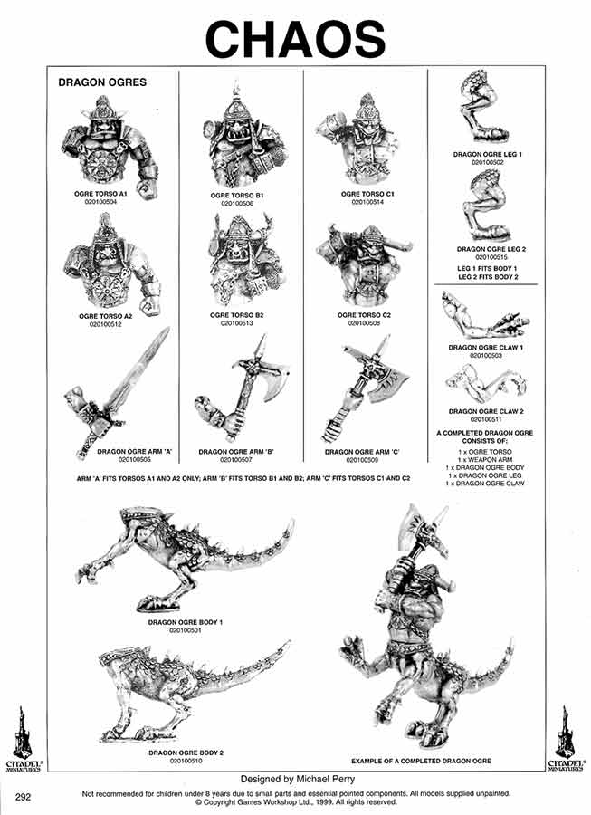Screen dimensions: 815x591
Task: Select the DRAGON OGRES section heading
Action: (x=101, y=82)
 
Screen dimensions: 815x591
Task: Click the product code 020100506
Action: (x=239, y=204)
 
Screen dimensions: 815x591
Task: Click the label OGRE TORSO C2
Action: (x=365, y=314)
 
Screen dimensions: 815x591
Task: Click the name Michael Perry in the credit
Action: (x=323, y=778)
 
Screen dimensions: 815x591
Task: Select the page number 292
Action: (x=24, y=796)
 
